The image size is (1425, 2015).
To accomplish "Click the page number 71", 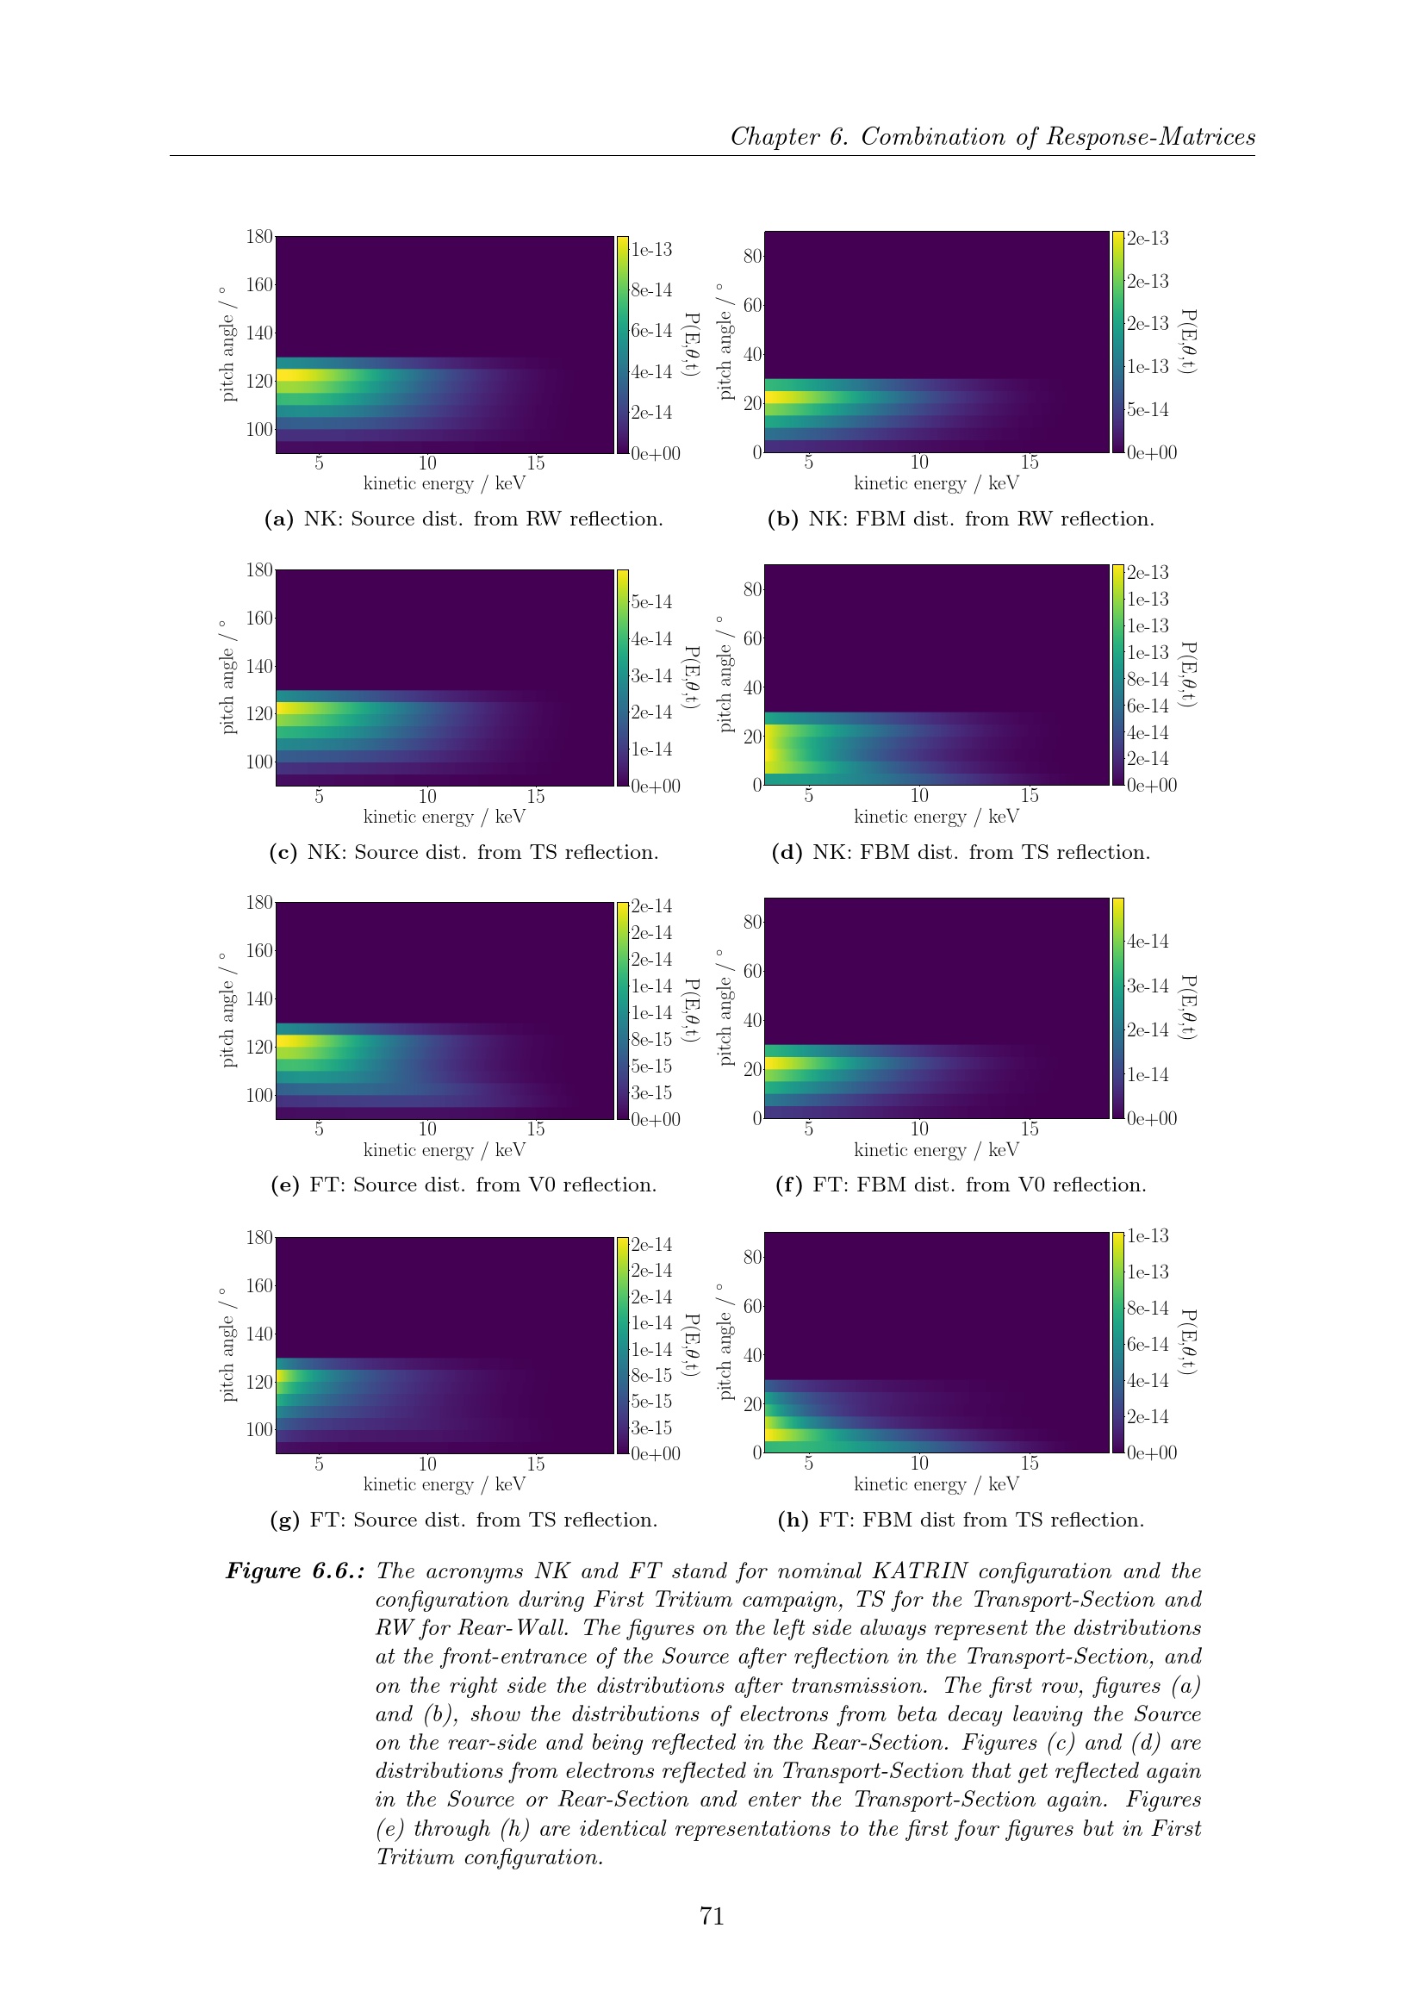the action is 712,1916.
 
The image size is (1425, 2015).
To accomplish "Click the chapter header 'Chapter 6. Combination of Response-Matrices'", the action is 993,137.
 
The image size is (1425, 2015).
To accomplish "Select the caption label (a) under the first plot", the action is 279,519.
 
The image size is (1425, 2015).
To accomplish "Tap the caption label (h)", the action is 793,1520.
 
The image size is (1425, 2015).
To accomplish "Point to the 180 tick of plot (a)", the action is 258,237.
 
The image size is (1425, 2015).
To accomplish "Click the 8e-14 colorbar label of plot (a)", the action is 651,290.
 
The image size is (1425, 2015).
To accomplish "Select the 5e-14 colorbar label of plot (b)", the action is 1148,410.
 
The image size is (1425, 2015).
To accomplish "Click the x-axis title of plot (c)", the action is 444,817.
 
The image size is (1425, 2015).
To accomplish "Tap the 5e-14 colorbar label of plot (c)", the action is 651,602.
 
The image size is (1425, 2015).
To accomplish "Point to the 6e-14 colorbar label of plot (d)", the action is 1148,706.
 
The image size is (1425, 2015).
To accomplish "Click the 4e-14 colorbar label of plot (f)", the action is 1148,942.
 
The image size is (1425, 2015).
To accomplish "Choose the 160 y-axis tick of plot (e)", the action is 258,950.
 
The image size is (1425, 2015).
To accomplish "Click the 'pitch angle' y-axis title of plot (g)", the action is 227,1345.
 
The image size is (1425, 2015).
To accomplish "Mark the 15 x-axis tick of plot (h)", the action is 1030,1463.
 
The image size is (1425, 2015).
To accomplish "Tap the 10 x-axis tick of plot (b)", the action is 918,462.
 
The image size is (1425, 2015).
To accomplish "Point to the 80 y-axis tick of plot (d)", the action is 753,589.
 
